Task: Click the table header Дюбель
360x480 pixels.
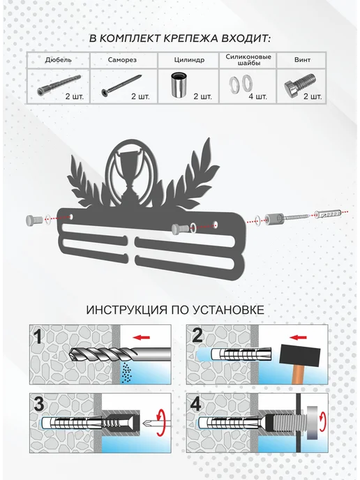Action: pyautogui.click(x=59, y=60)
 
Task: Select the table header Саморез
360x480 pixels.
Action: pyautogui.click(x=122, y=60)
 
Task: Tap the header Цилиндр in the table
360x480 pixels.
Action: pyautogui.click(x=189, y=60)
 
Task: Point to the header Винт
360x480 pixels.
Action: pyautogui.click(x=302, y=60)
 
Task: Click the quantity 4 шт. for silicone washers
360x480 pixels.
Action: pyautogui.click(x=257, y=97)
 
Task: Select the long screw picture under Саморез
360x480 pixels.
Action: pyautogui.click(x=121, y=85)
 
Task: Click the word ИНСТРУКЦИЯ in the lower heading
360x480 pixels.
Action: pyautogui.click(x=127, y=310)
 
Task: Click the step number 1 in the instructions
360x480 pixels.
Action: pyautogui.click(x=38, y=337)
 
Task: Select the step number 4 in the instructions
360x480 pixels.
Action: pyautogui.click(x=195, y=404)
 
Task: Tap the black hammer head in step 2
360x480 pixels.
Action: pyautogui.click(x=299, y=355)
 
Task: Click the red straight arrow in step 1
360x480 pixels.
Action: pyautogui.click(x=142, y=338)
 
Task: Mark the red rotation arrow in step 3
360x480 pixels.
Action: pyautogui.click(x=160, y=423)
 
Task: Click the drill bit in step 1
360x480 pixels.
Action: pyautogui.click(x=120, y=354)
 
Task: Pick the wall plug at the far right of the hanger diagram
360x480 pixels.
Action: pyautogui.click(x=327, y=213)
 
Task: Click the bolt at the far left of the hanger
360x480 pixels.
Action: pyautogui.click(x=34, y=220)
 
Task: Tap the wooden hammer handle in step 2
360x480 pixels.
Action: pyautogui.click(x=298, y=375)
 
